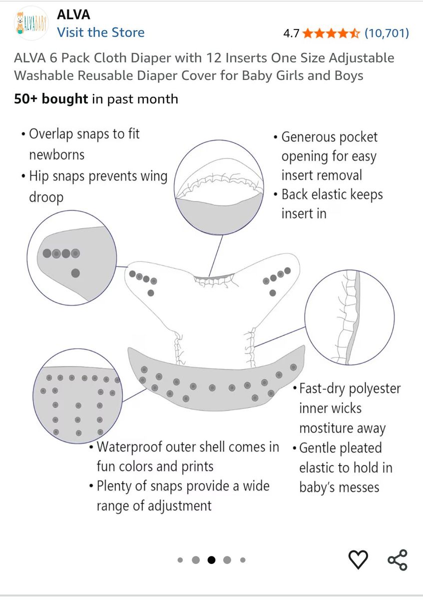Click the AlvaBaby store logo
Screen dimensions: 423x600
point(31,23)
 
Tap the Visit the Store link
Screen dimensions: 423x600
point(100,32)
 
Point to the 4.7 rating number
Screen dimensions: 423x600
point(291,33)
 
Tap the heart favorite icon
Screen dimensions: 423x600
point(358,559)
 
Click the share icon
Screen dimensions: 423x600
point(398,559)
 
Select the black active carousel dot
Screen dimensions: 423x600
point(211,560)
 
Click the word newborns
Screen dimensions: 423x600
point(57,155)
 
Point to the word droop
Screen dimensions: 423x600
point(46,197)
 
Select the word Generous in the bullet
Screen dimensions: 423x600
point(304,137)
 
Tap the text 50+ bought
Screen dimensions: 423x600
point(51,99)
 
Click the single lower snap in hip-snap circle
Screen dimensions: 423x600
point(75,273)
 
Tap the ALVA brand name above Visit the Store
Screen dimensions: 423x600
point(73,14)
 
